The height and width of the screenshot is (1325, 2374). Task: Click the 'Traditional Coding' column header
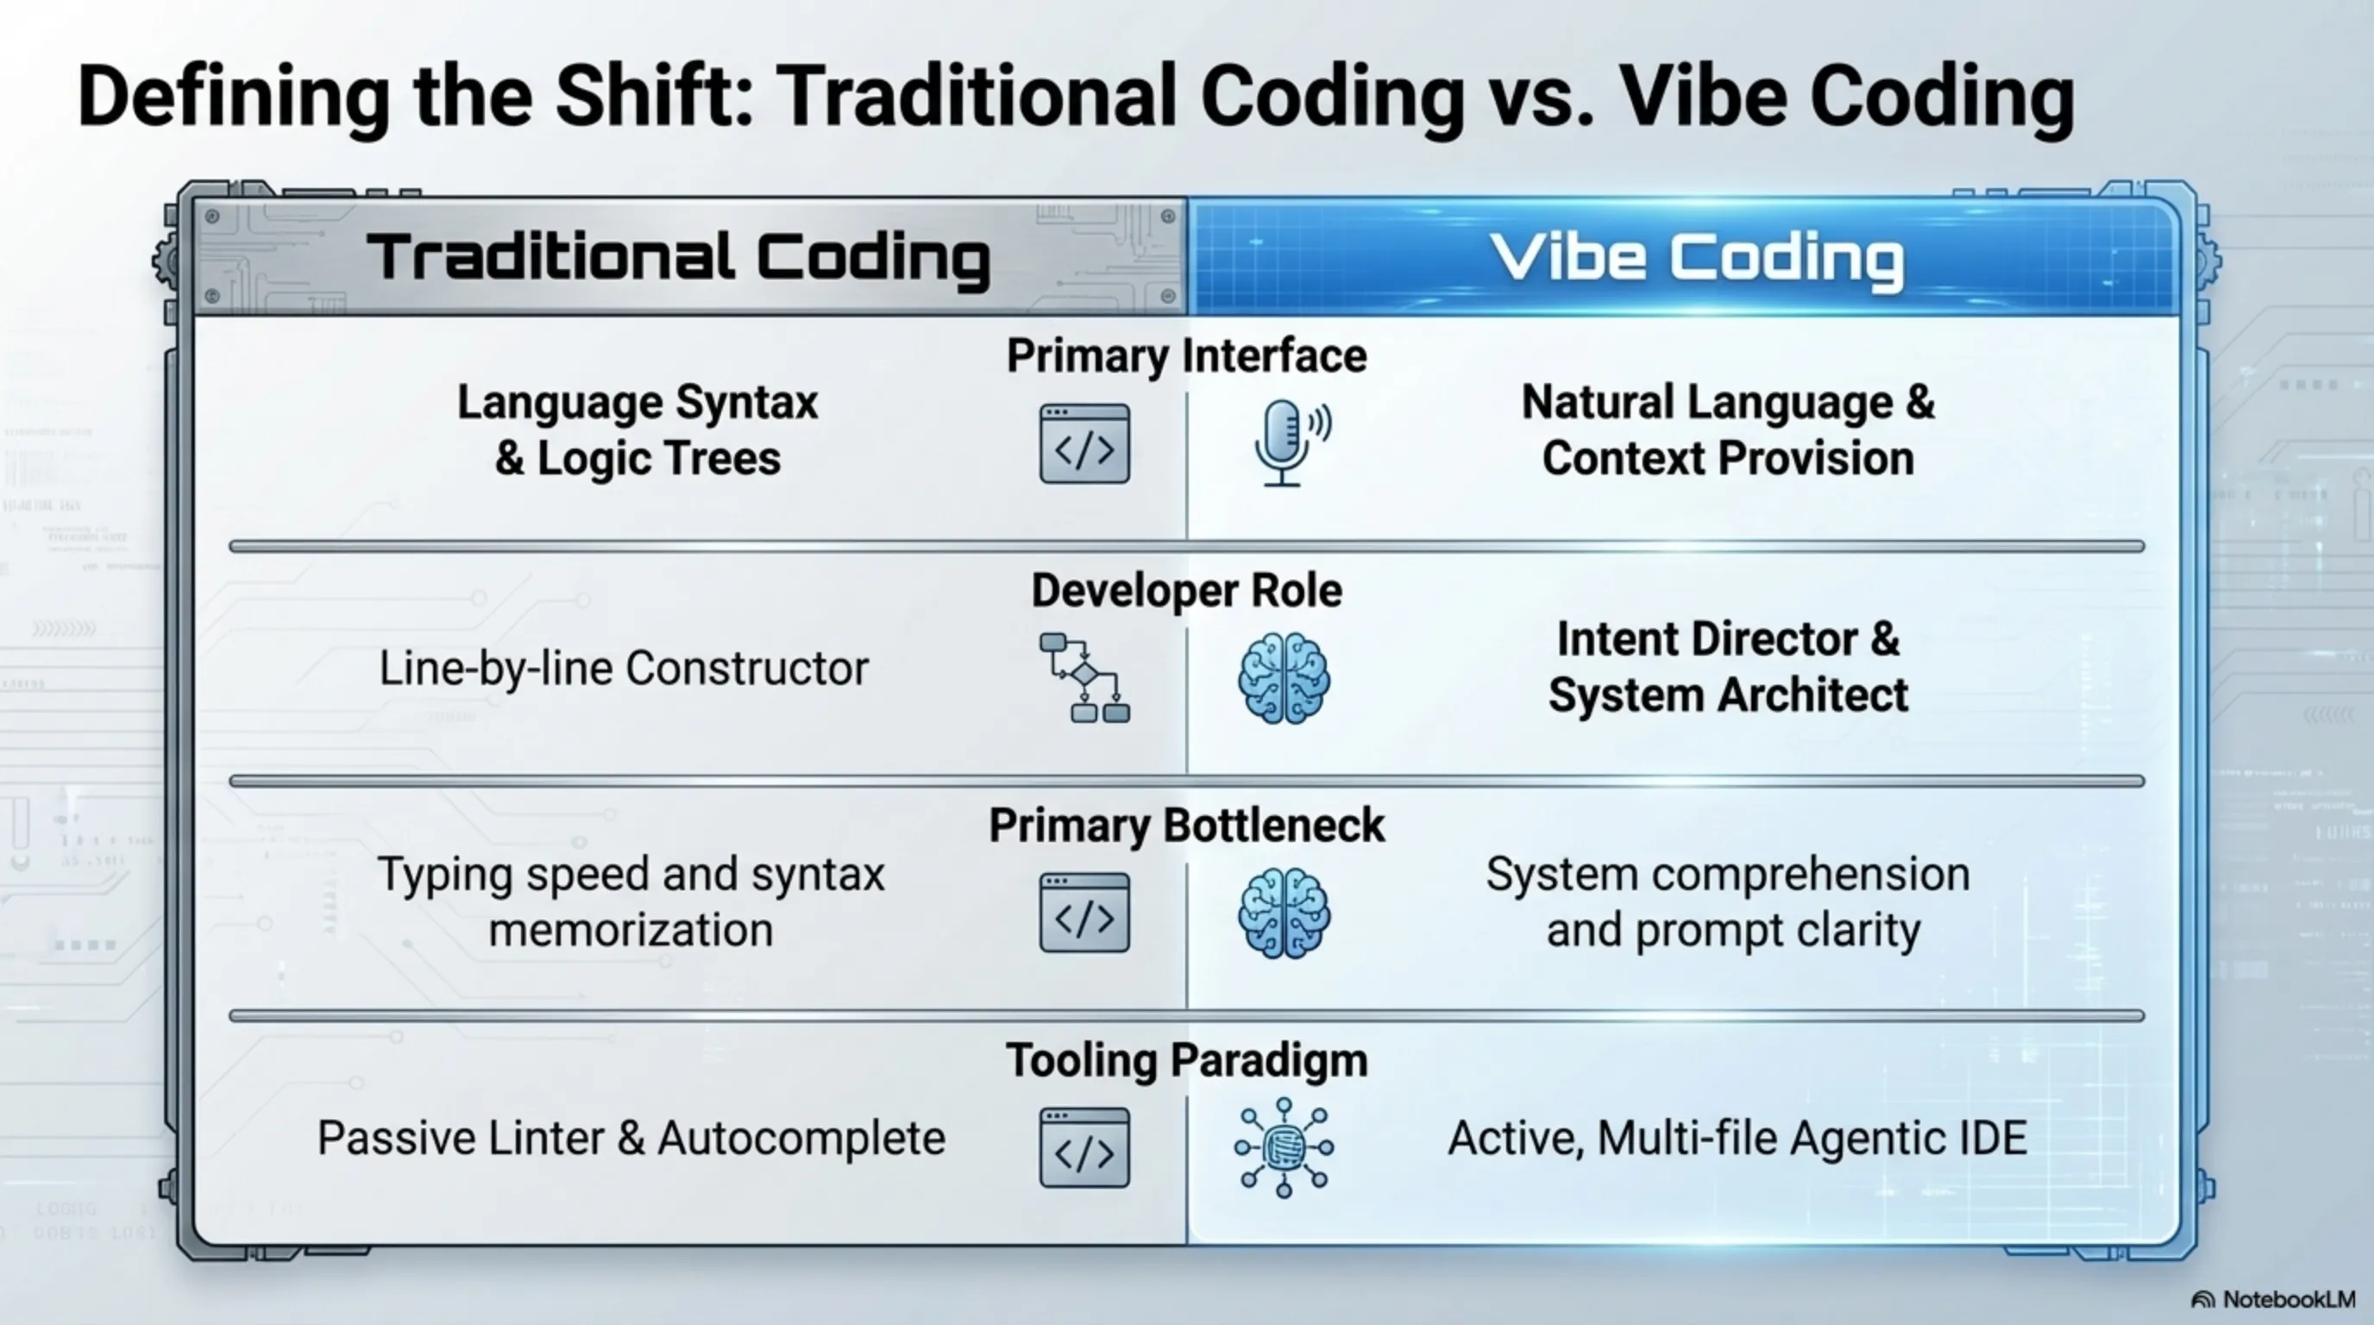[678, 257]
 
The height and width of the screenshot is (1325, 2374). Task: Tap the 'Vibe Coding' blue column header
[1697, 258]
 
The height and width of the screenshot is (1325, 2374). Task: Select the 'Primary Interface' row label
[1186, 355]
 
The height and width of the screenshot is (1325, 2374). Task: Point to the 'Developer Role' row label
[1186, 591]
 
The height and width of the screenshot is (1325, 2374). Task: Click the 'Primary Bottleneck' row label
[1186, 826]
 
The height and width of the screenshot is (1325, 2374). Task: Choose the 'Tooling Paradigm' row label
[1186, 1059]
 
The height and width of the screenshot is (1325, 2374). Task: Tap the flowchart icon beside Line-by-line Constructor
[1083, 677]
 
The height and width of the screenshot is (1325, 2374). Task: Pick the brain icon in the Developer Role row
[1284, 678]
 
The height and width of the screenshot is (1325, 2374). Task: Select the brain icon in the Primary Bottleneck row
[1284, 914]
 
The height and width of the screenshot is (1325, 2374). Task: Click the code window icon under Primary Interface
[1084, 443]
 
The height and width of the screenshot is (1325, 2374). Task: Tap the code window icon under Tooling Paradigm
[1084, 1147]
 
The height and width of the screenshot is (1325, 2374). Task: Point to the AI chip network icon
[1284, 1147]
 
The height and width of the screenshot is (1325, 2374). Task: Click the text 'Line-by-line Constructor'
[624, 668]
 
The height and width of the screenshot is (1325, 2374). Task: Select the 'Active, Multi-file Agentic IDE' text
[1737, 1138]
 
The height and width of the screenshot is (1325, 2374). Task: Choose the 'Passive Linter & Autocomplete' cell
[631, 1138]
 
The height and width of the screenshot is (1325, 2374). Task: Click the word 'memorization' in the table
[631, 930]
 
